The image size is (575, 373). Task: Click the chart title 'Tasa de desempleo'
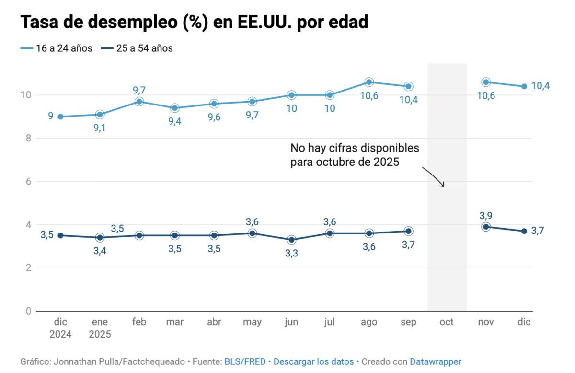click(194, 22)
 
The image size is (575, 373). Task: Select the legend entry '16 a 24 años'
click(57, 48)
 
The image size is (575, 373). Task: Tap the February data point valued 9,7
click(139, 102)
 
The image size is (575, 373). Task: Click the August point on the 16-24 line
click(369, 82)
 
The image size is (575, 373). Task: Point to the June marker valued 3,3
click(291, 240)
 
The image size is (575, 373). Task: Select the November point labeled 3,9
click(486, 227)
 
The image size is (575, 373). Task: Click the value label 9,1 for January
click(100, 128)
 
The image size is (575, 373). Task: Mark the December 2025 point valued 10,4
click(524, 87)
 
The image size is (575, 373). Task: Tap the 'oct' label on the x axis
click(446, 322)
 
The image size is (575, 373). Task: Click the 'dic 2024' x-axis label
click(60, 328)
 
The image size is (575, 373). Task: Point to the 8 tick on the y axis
click(28, 139)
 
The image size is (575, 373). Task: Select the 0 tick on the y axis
click(28, 311)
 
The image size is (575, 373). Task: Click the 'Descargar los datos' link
click(313, 361)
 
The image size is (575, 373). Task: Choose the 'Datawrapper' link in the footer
click(435, 361)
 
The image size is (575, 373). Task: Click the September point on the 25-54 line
click(408, 231)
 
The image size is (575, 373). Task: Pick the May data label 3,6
click(252, 222)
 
